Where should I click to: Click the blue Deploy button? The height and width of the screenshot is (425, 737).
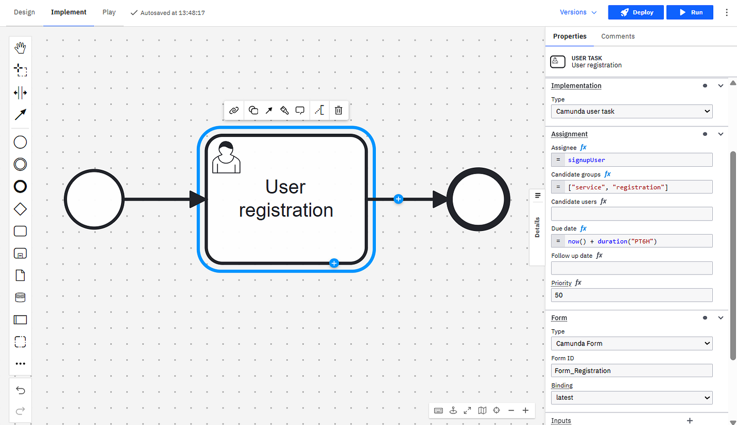click(x=636, y=13)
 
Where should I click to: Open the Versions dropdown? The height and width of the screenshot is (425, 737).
click(x=578, y=13)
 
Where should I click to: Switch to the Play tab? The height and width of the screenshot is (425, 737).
click(x=109, y=12)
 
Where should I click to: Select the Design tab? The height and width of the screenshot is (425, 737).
click(x=24, y=12)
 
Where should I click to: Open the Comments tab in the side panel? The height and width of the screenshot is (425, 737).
click(x=618, y=36)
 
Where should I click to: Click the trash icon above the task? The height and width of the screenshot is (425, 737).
click(x=338, y=110)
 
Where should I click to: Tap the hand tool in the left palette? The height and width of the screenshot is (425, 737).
click(x=20, y=48)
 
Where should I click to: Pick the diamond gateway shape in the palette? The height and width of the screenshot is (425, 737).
click(x=20, y=209)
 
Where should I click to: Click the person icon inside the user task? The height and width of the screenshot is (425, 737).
click(x=226, y=157)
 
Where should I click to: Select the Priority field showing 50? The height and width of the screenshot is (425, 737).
click(x=632, y=295)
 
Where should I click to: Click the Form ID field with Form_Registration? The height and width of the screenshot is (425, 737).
click(x=632, y=371)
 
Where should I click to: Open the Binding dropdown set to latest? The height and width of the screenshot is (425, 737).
click(x=632, y=398)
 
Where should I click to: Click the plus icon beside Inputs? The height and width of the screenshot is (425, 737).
click(x=690, y=421)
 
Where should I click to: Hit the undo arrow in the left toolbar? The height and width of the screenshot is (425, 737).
click(x=21, y=390)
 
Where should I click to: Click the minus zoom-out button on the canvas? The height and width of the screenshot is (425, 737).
click(x=511, y=410)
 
